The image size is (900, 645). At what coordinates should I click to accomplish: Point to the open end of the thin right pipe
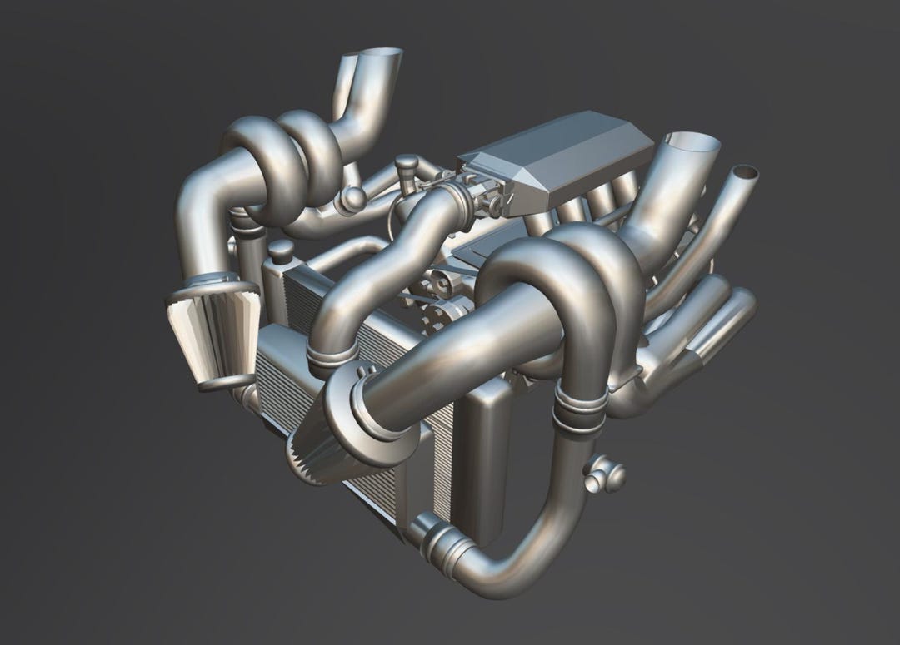click(x=746, y=174)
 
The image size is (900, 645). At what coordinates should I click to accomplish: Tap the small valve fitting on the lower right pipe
click(x=604, y=475)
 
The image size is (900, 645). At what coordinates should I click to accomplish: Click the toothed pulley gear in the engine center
click(x=437, y=316)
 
